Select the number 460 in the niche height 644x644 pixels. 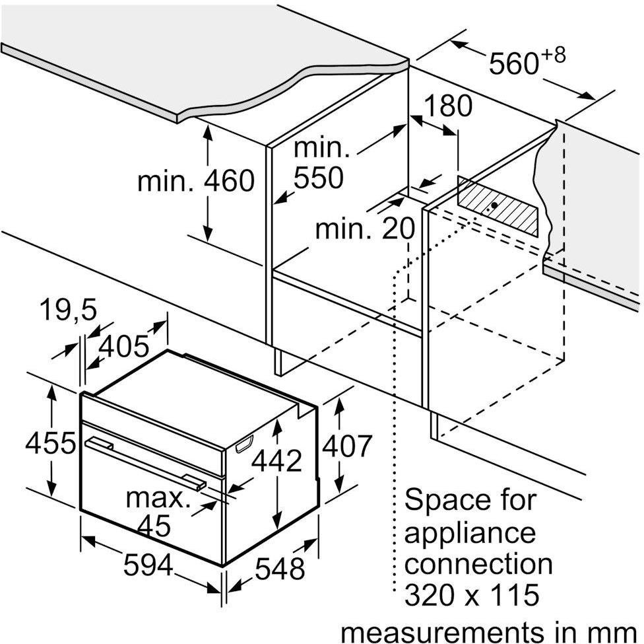tap(230, 180)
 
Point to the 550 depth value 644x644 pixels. tap(319, 178)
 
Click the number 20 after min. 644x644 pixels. tap(399, 229)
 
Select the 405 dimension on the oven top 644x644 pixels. tap(123, 346)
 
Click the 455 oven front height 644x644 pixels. tap(51, 443)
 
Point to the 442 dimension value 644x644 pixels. tap(277, 460)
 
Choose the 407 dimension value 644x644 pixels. tap(347, 445)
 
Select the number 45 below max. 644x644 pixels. tap(154, 525)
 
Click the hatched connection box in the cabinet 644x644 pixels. tap(498, 207)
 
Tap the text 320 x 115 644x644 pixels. tap(472, 594)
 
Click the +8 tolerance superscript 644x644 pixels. tap(553, 55)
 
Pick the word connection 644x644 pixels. tap(478, 563)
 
